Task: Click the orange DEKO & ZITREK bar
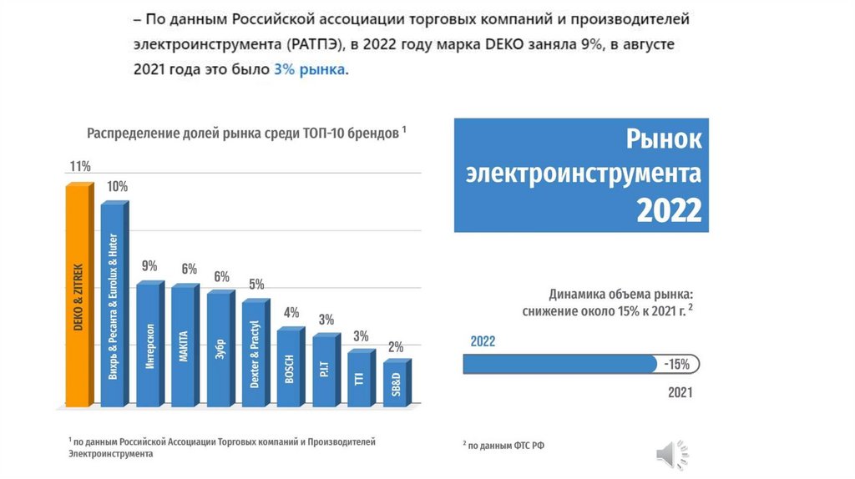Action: click(x=78, y=296)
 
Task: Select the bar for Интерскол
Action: click(x=149, y=344)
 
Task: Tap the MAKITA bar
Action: click(x=184, y=345)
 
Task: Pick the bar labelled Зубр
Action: click(x=220, y=349)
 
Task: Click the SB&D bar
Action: click(x=396, y=384)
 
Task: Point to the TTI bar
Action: click(x=359, y=377)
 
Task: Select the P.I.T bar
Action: click(x=324, y=371)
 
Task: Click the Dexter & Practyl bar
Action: click(x=254, y=354)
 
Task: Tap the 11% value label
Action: click(x=80, y=166)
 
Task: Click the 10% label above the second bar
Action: click(x=117, y=186)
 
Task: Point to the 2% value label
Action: click(x=396, y=346)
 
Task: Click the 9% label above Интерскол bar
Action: click(x=149, y=266)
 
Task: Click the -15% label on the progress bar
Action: click(x=676, y=365)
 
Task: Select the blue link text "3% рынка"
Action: click(x=309, y=70)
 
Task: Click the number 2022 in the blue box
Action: click(x=669, y=210)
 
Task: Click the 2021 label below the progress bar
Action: click(x=680, y=391)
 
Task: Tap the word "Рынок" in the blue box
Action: click(x=665, y=139)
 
